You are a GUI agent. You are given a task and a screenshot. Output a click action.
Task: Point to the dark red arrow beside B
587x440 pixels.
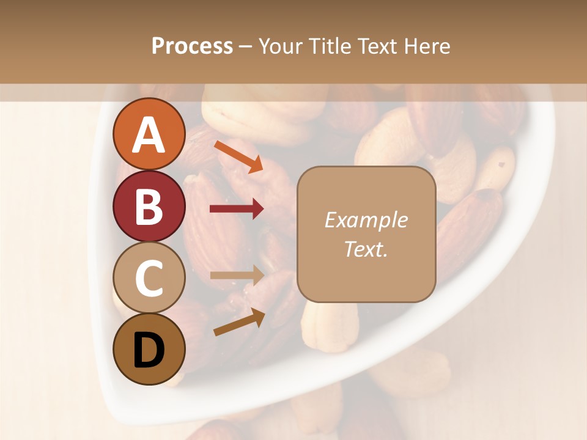237,209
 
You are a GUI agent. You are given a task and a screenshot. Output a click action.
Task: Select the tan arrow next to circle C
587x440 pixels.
237,275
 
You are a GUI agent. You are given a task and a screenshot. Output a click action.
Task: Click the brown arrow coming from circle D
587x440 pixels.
239,322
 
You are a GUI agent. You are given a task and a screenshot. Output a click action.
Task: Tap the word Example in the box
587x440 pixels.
366,220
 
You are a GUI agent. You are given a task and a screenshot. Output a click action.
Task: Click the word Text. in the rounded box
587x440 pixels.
366,249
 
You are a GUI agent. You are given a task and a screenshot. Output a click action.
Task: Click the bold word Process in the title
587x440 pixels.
192,46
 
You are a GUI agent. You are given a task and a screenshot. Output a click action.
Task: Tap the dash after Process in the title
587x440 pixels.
245,46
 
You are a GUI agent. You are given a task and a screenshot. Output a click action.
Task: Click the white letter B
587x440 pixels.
149,206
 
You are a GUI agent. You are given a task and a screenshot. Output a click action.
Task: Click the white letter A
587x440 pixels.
149,134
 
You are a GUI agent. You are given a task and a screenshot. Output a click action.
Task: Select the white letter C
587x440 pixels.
149,278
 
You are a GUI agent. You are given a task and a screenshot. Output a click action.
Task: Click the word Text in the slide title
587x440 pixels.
377,46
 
